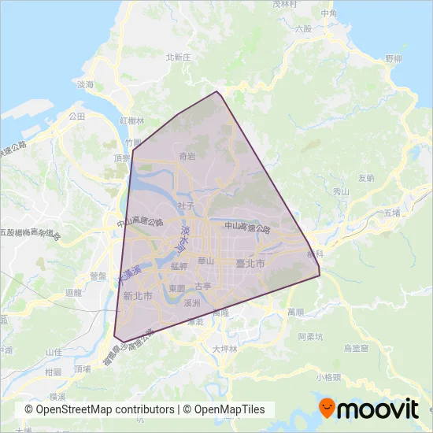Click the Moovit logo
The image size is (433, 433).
368,408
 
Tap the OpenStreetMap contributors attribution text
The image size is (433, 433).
100,409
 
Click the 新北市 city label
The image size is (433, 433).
138,295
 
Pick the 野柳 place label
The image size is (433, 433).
394,59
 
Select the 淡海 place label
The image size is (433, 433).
86,84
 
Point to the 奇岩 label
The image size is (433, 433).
187,157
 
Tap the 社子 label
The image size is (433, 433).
186,205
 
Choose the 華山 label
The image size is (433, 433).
206,261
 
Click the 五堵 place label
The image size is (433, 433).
393,213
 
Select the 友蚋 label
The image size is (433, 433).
366,178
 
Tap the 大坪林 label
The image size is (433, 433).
224,347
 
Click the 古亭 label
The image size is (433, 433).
203,286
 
